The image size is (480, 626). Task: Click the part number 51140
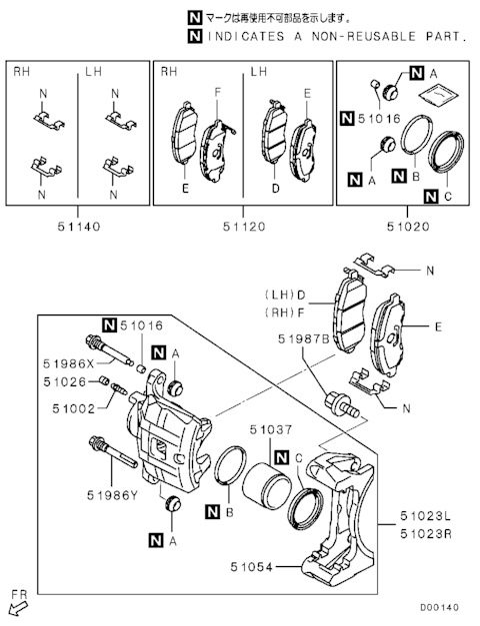[x=79, y=228]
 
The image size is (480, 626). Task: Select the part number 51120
[x=244, y=228]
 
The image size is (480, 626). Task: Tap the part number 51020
[x=408, y=228]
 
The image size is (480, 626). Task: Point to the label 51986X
[x=68, y=363]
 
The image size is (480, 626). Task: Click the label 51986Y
[x=112, y=495]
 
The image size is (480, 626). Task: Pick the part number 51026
[x=65, y=382]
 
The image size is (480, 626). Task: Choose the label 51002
[x=74, y=409]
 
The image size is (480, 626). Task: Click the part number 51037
[x=271, y=430]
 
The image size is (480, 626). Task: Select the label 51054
[x=252, y=567]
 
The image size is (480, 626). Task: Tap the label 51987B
[x=304, y=338]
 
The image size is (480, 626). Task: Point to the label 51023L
[x=426, y=516]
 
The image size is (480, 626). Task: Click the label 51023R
[x=426, y=534]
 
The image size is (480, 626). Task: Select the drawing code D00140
[x=439, y=608]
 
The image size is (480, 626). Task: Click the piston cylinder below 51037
[x=264, y=485]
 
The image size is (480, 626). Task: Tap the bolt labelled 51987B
[x=342, y=404]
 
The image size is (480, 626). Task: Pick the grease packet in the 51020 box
[x=438, y=95]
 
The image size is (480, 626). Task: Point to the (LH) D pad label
[x=285, y=296]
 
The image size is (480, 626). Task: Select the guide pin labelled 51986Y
[x=113, y=451]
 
